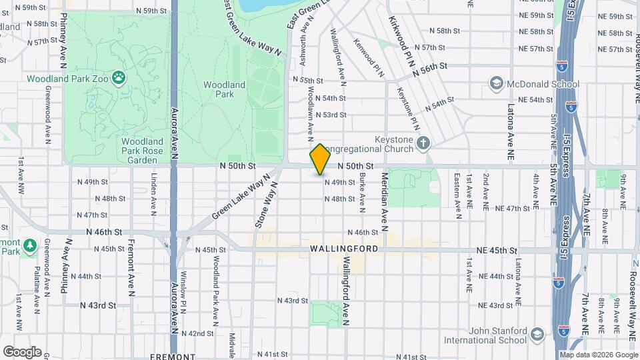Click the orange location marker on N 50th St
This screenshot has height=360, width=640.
(x=321, y=159)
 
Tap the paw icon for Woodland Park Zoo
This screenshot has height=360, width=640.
(x=119, y=79)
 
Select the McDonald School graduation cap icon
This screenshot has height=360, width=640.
(x=496, y=84)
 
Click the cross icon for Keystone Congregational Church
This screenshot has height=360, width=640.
(x=423, y=142)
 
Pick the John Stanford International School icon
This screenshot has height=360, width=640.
(x=537, y=335)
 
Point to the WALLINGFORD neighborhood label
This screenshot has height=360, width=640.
(x=344, y=249)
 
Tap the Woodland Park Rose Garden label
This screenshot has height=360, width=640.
(x=143, y=151)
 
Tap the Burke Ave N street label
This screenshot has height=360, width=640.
(x=362, y=190)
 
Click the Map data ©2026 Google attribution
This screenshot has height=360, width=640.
(x=598, y=355)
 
